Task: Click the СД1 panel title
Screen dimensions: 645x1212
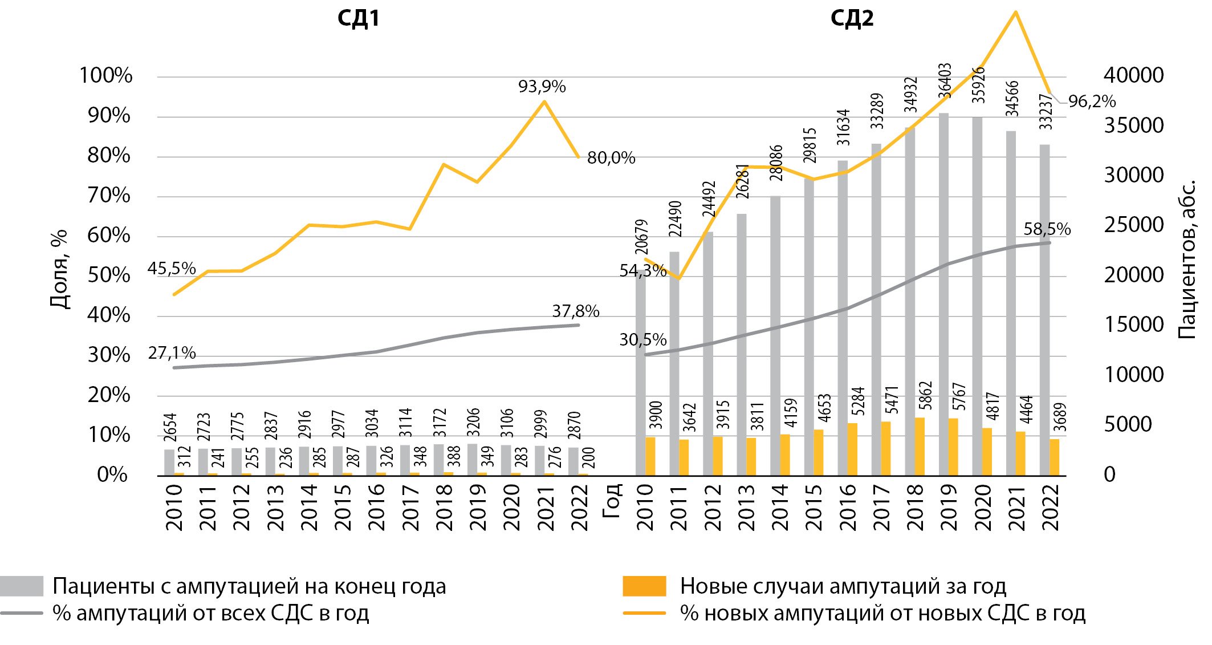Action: [x=358, y=18]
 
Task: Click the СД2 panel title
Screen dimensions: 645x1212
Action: [x=852, y=18]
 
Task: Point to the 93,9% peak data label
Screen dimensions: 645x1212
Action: [x=542, y=87]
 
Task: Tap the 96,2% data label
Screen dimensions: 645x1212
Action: [x=1092, y=102]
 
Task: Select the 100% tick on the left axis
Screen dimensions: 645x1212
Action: [x=106, y=75]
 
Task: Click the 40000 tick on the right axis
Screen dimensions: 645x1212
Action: [x=1133, y=75]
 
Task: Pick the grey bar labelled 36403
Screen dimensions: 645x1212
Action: [x=943, y=294]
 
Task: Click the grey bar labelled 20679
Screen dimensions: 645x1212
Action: [x=640, y=376]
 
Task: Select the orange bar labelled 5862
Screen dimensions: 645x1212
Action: [x=920, y=447]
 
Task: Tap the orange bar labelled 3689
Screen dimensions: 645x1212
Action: [x=1054, y=457]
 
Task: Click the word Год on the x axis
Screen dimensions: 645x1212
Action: [x=611, y=500]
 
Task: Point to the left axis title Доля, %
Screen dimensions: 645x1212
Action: [x=59, y=269]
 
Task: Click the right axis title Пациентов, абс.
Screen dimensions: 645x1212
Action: [x=1187, y=259]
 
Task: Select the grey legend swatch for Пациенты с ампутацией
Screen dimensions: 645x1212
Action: [x=22, y=586]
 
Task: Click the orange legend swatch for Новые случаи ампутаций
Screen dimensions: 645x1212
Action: [x=644, y=586]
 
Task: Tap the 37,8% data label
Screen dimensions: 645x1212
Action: [x=575, y=311]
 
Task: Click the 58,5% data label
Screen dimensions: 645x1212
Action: [x=1047, y=229]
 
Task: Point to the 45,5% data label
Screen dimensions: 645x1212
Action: [x=172, y=269]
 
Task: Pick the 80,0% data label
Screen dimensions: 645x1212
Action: [x=611, y=158]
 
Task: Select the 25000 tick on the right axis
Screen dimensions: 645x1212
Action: [x=1133, y=225]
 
